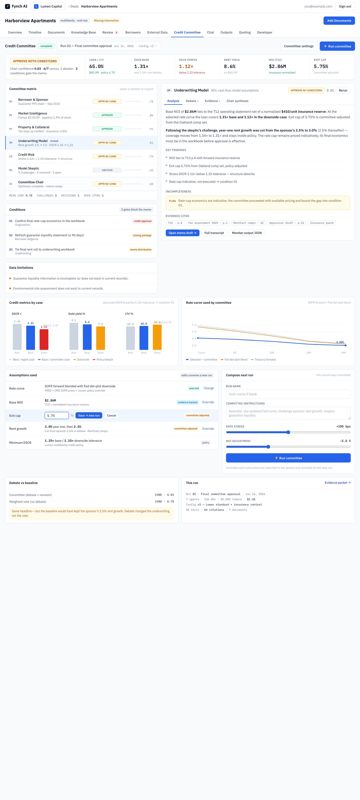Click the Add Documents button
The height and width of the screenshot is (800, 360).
339,20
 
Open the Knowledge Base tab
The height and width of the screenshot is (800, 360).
83,32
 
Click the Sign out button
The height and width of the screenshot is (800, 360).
345,6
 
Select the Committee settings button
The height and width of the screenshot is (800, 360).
298,46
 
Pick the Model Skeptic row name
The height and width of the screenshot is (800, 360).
28,168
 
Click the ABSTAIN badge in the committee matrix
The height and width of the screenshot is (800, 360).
107,170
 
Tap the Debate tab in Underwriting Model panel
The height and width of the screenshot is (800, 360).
192,101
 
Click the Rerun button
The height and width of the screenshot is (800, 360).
343,90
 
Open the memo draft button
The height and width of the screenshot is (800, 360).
182,233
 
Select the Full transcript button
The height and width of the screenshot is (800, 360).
214,233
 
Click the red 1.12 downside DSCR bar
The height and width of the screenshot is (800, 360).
44,339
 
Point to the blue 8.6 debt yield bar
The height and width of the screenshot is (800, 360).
87,337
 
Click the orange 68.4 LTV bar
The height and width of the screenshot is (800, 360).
157,337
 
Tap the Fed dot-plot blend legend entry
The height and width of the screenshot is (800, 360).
234,360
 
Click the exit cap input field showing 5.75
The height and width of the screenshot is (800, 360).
57,415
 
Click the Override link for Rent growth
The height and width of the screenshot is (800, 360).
208,428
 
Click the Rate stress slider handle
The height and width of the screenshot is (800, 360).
288,432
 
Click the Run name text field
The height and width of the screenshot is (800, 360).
288,394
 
